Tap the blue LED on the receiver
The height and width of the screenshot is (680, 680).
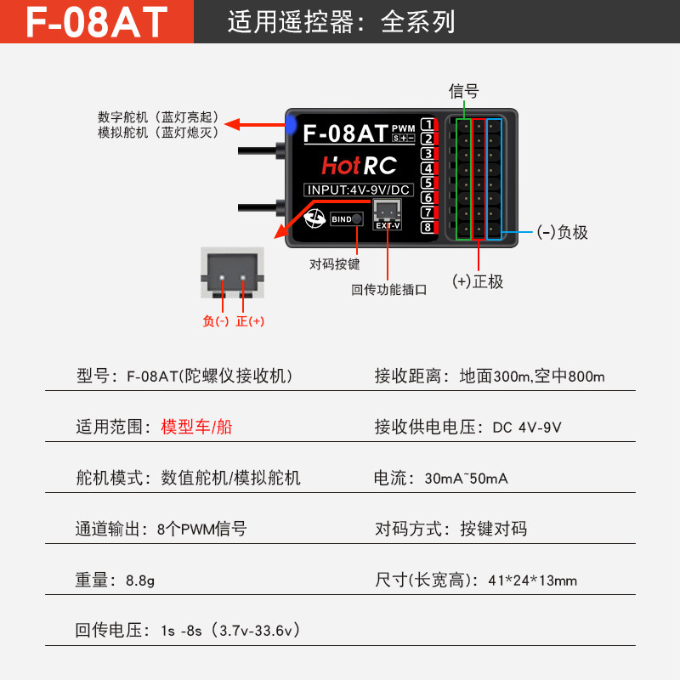pos(291,127)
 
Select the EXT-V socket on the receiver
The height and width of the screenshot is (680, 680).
pos(388,212)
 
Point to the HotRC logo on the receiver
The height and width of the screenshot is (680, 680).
pos(359,166)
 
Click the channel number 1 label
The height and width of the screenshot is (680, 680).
pos(428,125)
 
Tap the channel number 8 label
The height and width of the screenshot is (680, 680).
pos(428,227)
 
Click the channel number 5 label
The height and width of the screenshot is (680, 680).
pos(428,183)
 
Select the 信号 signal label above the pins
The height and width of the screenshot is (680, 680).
pos(464,91)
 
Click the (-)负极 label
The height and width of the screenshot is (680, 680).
pos(561,232)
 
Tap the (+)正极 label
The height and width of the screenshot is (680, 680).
pos(478,282)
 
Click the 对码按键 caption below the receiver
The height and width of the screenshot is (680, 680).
pos(334,264)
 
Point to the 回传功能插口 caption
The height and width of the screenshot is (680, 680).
pos(389,289)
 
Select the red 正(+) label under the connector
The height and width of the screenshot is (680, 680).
pos(250,321)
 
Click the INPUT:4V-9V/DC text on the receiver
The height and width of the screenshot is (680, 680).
pos(358,190)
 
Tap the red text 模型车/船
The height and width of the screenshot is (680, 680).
pos(196,427)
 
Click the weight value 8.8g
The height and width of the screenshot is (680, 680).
pos(140,581)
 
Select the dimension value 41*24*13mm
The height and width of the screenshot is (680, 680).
pos(533,581)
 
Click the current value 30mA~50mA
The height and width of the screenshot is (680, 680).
pos(466,479)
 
